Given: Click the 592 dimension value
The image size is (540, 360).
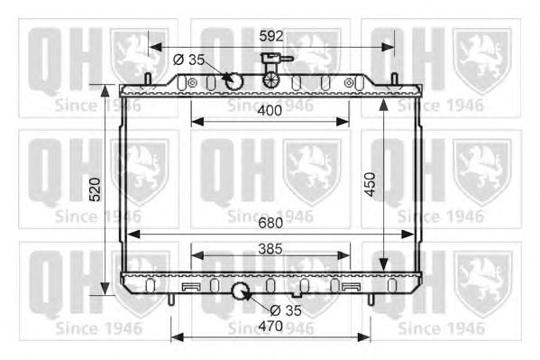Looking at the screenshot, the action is [x=271, y=36].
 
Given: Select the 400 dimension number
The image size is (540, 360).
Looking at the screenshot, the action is [x=270, y=111].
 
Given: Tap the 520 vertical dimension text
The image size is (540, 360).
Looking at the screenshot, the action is [x=95, y=189].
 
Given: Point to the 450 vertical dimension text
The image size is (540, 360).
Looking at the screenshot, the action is [x=370, y=184].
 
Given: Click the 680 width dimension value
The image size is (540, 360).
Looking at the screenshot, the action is [x=270, y=223].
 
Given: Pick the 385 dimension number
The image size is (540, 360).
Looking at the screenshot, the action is [x=270, y=249].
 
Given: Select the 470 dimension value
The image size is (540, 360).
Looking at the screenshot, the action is [x=270, y=326].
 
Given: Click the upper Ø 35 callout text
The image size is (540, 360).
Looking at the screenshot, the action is [x=188, y=60].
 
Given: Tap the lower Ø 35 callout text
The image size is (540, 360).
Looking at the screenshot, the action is [x=286, y=310].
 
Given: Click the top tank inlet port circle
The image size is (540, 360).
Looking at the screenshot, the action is [x=233, y=81].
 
